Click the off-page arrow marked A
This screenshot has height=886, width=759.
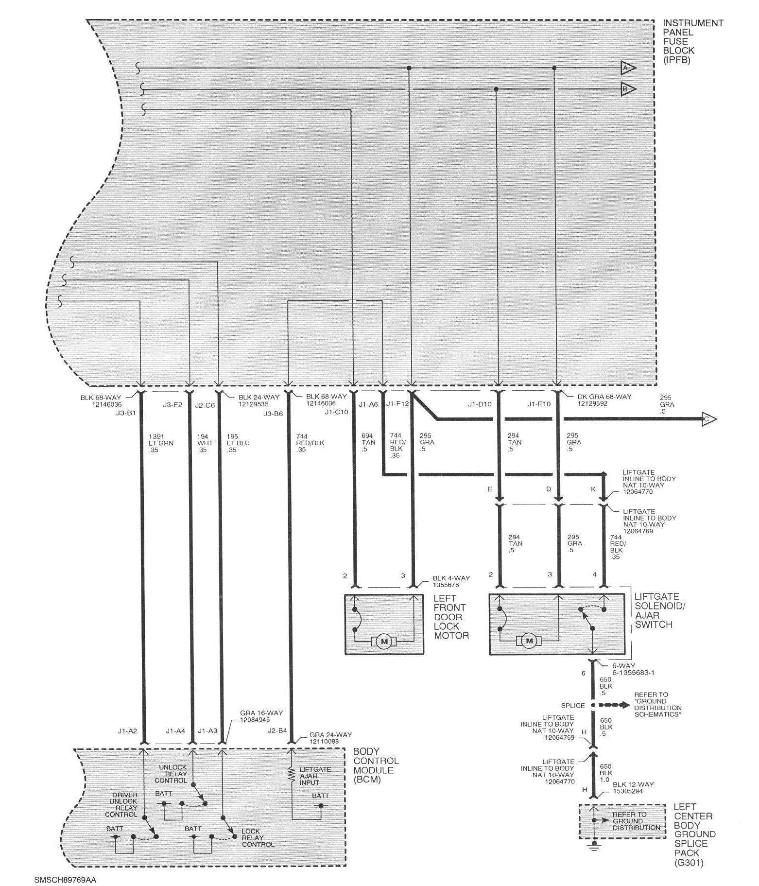pos(628,68)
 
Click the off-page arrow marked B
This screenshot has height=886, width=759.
pos(628,89)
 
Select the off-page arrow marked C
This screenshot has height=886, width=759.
pos(709,418)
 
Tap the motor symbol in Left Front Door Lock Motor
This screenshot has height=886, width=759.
pos(384,642)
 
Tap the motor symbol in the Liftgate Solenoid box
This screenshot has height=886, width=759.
pos(529,641)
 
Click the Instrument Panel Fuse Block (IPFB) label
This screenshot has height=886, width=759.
pos(692,41)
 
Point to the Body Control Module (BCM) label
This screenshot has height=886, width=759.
pos(376,765)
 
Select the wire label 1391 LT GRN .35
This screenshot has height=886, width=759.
pos(161,443)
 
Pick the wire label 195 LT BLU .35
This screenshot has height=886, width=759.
pos(238,443)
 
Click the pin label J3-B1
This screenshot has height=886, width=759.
pos(126,414)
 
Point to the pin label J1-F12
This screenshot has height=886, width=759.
pos(397,404)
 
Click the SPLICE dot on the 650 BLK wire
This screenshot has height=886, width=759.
pos(593,705)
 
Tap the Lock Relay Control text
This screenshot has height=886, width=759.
pos(258,837)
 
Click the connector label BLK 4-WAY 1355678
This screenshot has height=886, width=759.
pos(451,581)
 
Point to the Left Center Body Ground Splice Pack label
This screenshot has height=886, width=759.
pos(693,834)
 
